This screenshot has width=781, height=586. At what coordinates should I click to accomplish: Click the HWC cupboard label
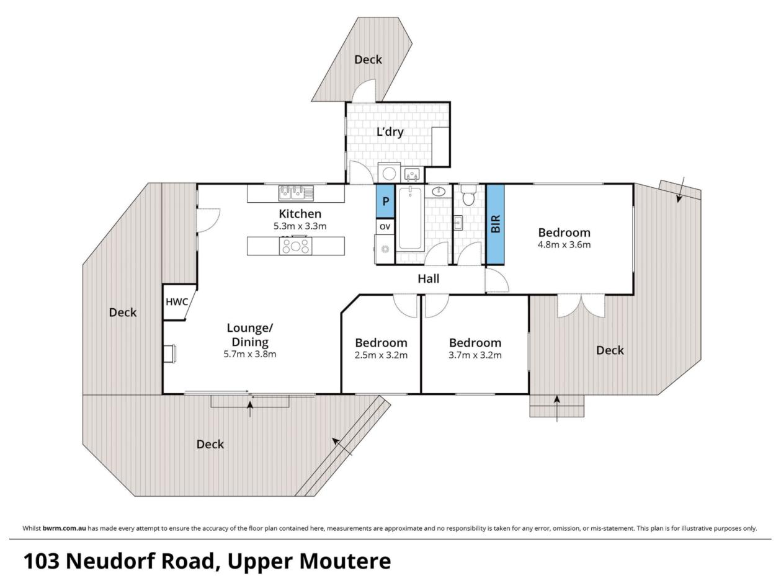tap(176, 302)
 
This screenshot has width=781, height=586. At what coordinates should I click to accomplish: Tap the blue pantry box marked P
tap(385, 202)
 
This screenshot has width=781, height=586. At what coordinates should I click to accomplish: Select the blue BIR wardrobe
tap(495, 224)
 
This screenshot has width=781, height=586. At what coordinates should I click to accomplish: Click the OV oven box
tap(385, 226)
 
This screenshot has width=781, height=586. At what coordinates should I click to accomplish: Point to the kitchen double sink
tap(296, 193)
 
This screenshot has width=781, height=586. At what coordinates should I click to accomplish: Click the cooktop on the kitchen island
tap(296, 246)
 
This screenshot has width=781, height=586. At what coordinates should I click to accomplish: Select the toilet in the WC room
tap(467, 195)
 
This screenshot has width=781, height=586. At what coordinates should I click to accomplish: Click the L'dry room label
tap(390, 131)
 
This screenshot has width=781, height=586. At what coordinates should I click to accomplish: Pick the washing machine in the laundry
tap(389, 173)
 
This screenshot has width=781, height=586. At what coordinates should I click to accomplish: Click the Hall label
tap(429, 278)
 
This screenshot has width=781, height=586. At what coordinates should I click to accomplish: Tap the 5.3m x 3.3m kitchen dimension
tap(300, 226)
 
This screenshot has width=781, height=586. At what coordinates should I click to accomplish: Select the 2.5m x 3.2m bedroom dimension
tap(381, 355)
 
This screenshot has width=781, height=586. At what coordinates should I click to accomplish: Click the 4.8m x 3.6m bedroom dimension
tap(565, 245)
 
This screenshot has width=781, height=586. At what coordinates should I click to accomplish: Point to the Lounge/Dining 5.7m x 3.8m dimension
tap(250, 354)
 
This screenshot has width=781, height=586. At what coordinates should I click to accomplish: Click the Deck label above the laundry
tap(368, 60)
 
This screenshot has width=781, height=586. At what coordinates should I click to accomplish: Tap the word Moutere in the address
tap(346, 561)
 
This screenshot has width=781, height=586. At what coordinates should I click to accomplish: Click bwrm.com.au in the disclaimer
tap(64, 528)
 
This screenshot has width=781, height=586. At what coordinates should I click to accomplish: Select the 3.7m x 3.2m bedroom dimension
tap(475, 355)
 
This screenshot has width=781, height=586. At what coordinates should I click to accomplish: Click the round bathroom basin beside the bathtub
tap(439, 192)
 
